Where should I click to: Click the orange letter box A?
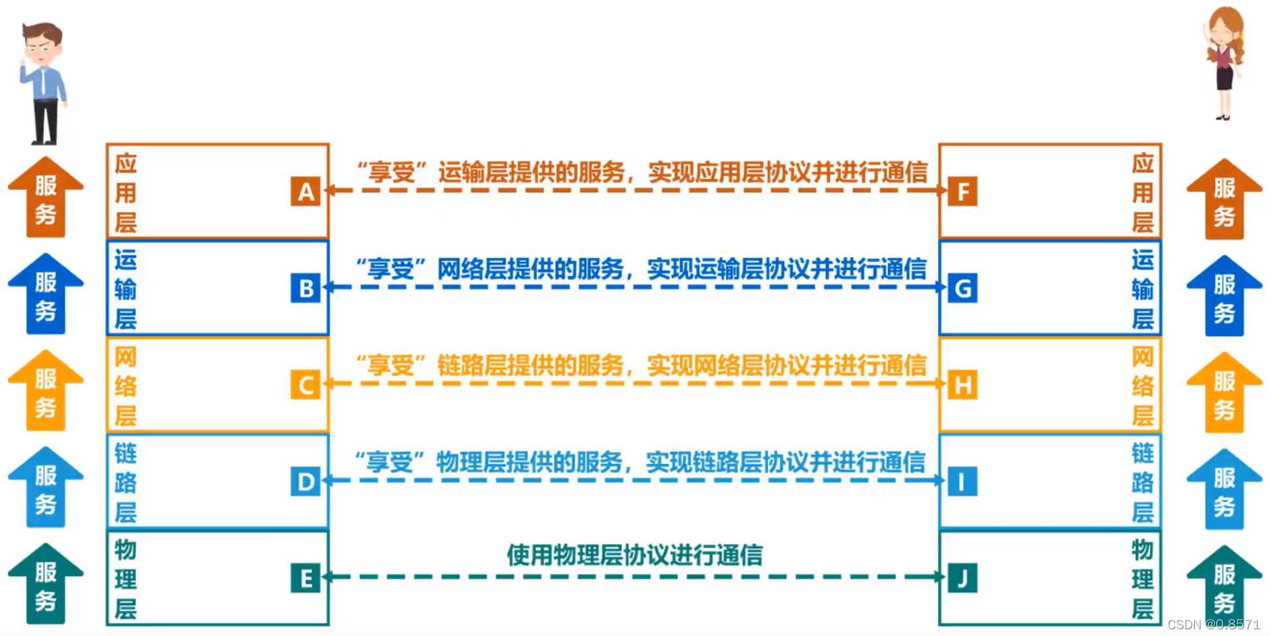tap(305, 192)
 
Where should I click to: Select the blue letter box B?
tap(305, 288)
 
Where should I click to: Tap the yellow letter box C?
tap(305, 386)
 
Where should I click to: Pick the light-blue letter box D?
tap(305, 482)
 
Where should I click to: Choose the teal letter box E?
tap(305, 579)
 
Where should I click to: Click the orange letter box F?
tap(962, 192)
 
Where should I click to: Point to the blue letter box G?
tap(962, 288)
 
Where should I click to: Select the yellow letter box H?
tap(962, 386)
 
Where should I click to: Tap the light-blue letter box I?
tap(962, 482)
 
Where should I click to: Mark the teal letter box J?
tap(962, 579)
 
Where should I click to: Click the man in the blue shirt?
tap(43, 82)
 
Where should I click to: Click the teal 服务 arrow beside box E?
tap(45, 585)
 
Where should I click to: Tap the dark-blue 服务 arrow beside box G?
tap(1224, 296)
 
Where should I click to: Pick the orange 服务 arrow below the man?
tap(45, 198)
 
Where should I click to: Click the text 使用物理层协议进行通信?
tap(634, 555)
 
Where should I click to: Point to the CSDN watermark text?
tap(1214, 625)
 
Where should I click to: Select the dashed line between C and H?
tap(634, 383)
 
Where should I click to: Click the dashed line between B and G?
tap(634, 287)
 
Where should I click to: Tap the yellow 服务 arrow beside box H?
tap(1224, 393)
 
